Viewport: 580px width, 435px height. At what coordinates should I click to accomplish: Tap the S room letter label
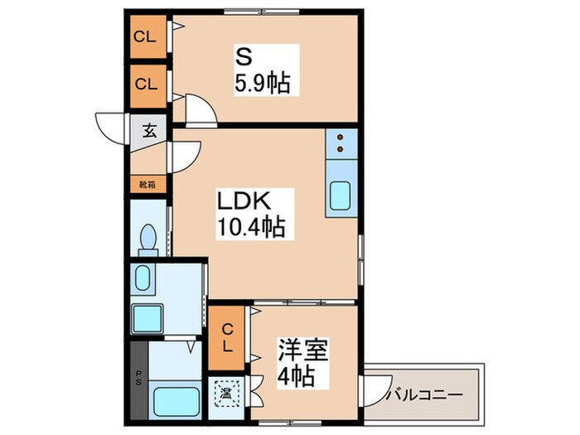pos(244,57)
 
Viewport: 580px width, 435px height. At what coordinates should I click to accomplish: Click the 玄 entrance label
pos(150,130)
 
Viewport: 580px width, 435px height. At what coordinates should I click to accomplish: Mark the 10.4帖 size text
pos(251,227)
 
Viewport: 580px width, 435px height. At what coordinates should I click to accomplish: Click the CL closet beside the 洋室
pos(228,336)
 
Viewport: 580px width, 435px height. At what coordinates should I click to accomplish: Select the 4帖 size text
pos(297,377)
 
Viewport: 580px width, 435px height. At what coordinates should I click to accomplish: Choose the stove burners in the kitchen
pos(340,144)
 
